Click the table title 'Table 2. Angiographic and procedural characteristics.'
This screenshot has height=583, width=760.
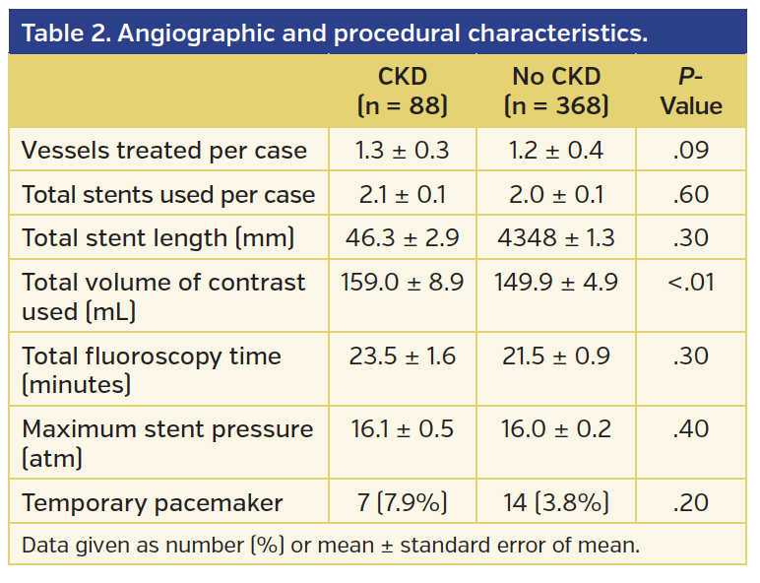335,32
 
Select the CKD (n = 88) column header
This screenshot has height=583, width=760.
402,91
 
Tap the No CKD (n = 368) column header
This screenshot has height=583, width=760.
555,91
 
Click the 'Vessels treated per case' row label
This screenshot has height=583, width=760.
163,151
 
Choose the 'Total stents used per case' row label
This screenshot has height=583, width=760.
168,195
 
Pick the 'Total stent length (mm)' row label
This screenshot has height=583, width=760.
158,238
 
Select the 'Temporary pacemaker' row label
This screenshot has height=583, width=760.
153,503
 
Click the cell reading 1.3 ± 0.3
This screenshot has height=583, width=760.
402,151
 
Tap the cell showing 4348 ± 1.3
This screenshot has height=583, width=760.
555,238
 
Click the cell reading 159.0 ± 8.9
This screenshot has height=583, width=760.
402,283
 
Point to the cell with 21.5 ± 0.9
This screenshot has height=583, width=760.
555,356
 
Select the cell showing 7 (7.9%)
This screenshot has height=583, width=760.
402,503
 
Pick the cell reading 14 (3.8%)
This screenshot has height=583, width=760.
555,503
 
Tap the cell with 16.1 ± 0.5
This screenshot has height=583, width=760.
402,429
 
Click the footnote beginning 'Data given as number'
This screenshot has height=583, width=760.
330,545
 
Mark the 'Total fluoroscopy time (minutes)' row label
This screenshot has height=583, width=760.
152,369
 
